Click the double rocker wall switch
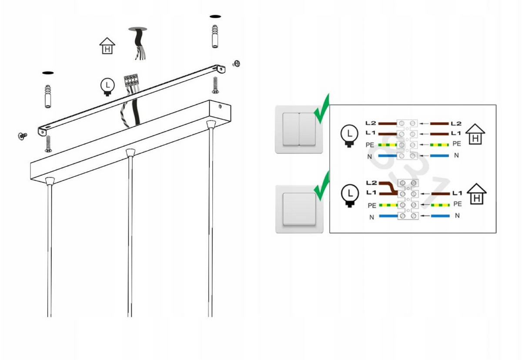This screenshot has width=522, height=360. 299,129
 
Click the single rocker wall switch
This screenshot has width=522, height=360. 299,209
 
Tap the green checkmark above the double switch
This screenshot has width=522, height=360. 322,110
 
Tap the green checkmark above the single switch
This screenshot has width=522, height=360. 322,187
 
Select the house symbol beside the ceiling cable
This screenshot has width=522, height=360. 107,46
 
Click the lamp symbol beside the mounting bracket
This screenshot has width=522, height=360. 107,86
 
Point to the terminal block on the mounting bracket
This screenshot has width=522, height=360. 131,81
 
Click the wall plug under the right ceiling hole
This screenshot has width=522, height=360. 215,37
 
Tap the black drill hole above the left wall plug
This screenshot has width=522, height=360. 48,72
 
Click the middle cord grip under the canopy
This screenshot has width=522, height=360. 129,152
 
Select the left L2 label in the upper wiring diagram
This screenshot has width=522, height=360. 371,124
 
